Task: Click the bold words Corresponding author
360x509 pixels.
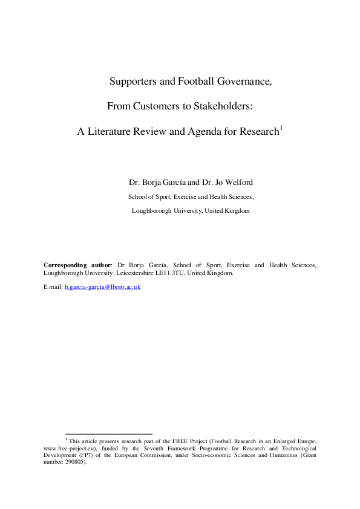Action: (77, 265)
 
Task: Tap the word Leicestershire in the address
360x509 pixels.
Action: (137, 273)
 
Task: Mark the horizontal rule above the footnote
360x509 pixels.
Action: (108, 433)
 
